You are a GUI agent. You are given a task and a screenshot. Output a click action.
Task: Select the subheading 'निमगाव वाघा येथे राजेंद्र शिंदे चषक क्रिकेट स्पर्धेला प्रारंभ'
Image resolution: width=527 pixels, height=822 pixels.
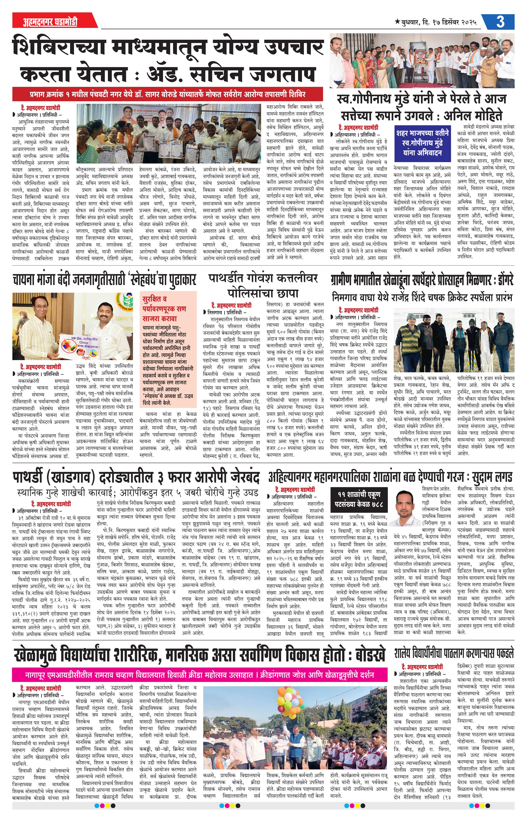point(422,297)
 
